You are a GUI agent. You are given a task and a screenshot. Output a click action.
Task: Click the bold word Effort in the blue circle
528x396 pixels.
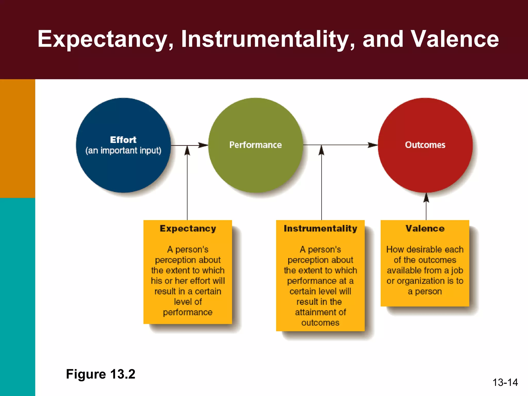click(123, 140)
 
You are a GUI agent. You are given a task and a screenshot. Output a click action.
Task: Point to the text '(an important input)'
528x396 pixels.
click(123, 151)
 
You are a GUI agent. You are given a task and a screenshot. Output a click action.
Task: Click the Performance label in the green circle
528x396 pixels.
click(255, 145)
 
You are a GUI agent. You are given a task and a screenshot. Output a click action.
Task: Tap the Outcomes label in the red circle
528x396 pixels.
click(425, 145)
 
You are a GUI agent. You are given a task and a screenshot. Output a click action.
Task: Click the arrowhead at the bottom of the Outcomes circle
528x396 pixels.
click(426, 198)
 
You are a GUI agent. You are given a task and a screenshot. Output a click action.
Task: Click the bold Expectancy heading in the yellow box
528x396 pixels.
click(188, 228)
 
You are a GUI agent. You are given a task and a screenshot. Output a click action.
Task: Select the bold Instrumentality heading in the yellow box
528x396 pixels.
click(320, 228)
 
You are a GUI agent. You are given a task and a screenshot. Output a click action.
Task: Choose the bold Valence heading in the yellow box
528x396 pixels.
click(425, 228)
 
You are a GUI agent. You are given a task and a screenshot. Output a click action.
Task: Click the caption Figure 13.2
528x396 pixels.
click(101, 374)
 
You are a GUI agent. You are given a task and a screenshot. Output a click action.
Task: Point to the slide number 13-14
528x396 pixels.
click(505, 382)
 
